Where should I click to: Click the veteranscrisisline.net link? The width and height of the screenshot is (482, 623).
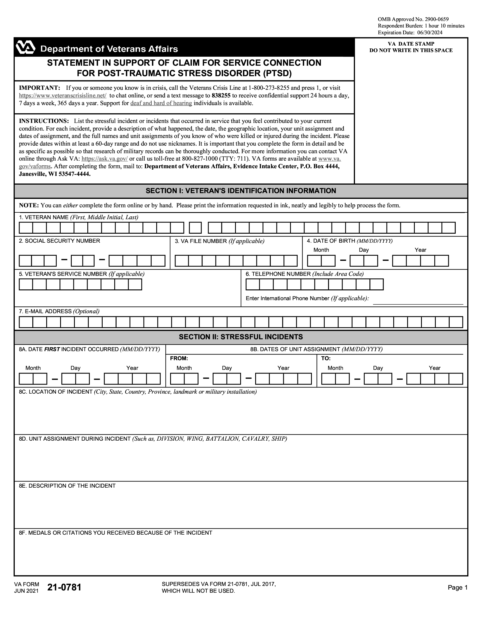coord(63,95)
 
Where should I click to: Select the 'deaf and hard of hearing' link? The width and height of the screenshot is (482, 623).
coord(161,103)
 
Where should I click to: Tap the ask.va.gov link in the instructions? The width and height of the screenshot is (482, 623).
coord(105,159)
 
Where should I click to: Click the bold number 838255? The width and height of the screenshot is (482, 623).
coord(221,95)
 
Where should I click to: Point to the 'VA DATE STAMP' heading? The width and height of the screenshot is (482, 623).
coord(411,44)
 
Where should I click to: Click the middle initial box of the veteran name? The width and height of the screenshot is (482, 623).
coord(195,228)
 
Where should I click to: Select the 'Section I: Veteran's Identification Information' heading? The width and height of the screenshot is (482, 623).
coord(241,191)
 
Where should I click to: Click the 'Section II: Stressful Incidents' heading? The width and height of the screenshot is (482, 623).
coord(241,337)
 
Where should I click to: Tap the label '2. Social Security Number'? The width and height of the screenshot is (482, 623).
coord(59,241)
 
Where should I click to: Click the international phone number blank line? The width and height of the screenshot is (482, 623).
coord(418,302)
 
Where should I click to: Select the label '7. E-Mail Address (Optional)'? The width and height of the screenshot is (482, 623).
coord(59,311)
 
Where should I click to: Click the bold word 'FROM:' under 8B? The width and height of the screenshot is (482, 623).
coord(179,359)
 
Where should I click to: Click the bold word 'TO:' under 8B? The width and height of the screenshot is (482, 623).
coord(326,359)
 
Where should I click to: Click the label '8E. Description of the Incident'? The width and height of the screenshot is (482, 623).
coord(67,486)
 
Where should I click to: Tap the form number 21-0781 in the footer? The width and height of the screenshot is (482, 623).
coord(64,588)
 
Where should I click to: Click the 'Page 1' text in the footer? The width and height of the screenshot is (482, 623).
coord(457,588)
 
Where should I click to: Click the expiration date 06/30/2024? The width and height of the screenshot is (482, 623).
coord(430,33)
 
